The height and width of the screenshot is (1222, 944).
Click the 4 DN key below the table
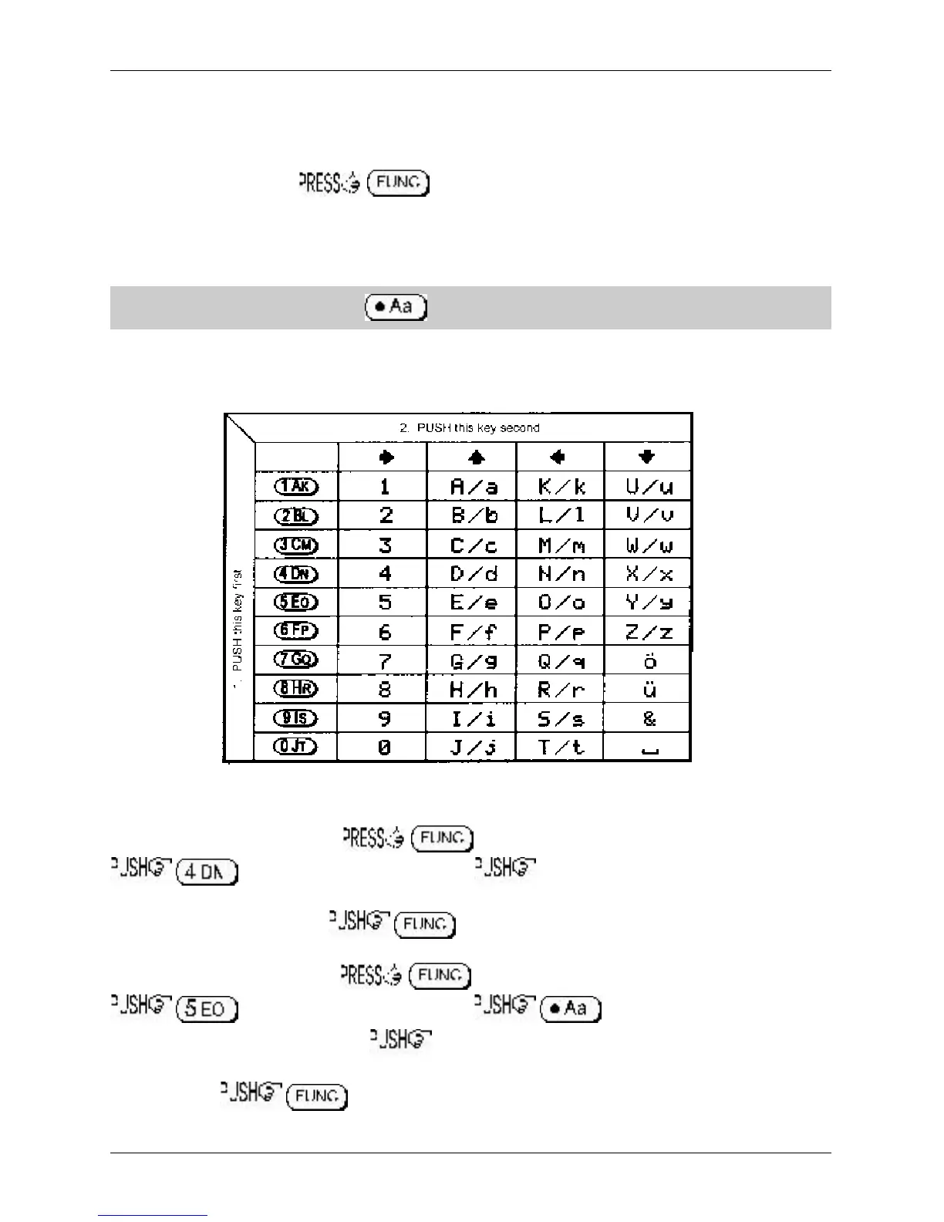[207, 872]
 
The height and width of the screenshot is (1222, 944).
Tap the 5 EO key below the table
[207, 1009]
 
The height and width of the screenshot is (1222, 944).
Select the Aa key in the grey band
[396, 307]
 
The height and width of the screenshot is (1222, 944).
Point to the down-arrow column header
[647, 457]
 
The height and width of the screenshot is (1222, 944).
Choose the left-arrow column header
[558, 457]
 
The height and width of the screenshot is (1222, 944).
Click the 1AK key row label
[296, 486]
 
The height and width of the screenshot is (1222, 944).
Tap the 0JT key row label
[296, 747]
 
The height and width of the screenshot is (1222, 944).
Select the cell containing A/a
[474, 487]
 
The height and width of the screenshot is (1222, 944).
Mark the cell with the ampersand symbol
[649, 719]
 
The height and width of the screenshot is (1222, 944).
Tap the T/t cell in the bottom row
[561, 748]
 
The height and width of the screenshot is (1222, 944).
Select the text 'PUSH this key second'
[470, 427]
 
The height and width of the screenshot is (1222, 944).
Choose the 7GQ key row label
[296, 660]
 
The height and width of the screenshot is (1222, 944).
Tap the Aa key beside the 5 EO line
[571, 1008]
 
